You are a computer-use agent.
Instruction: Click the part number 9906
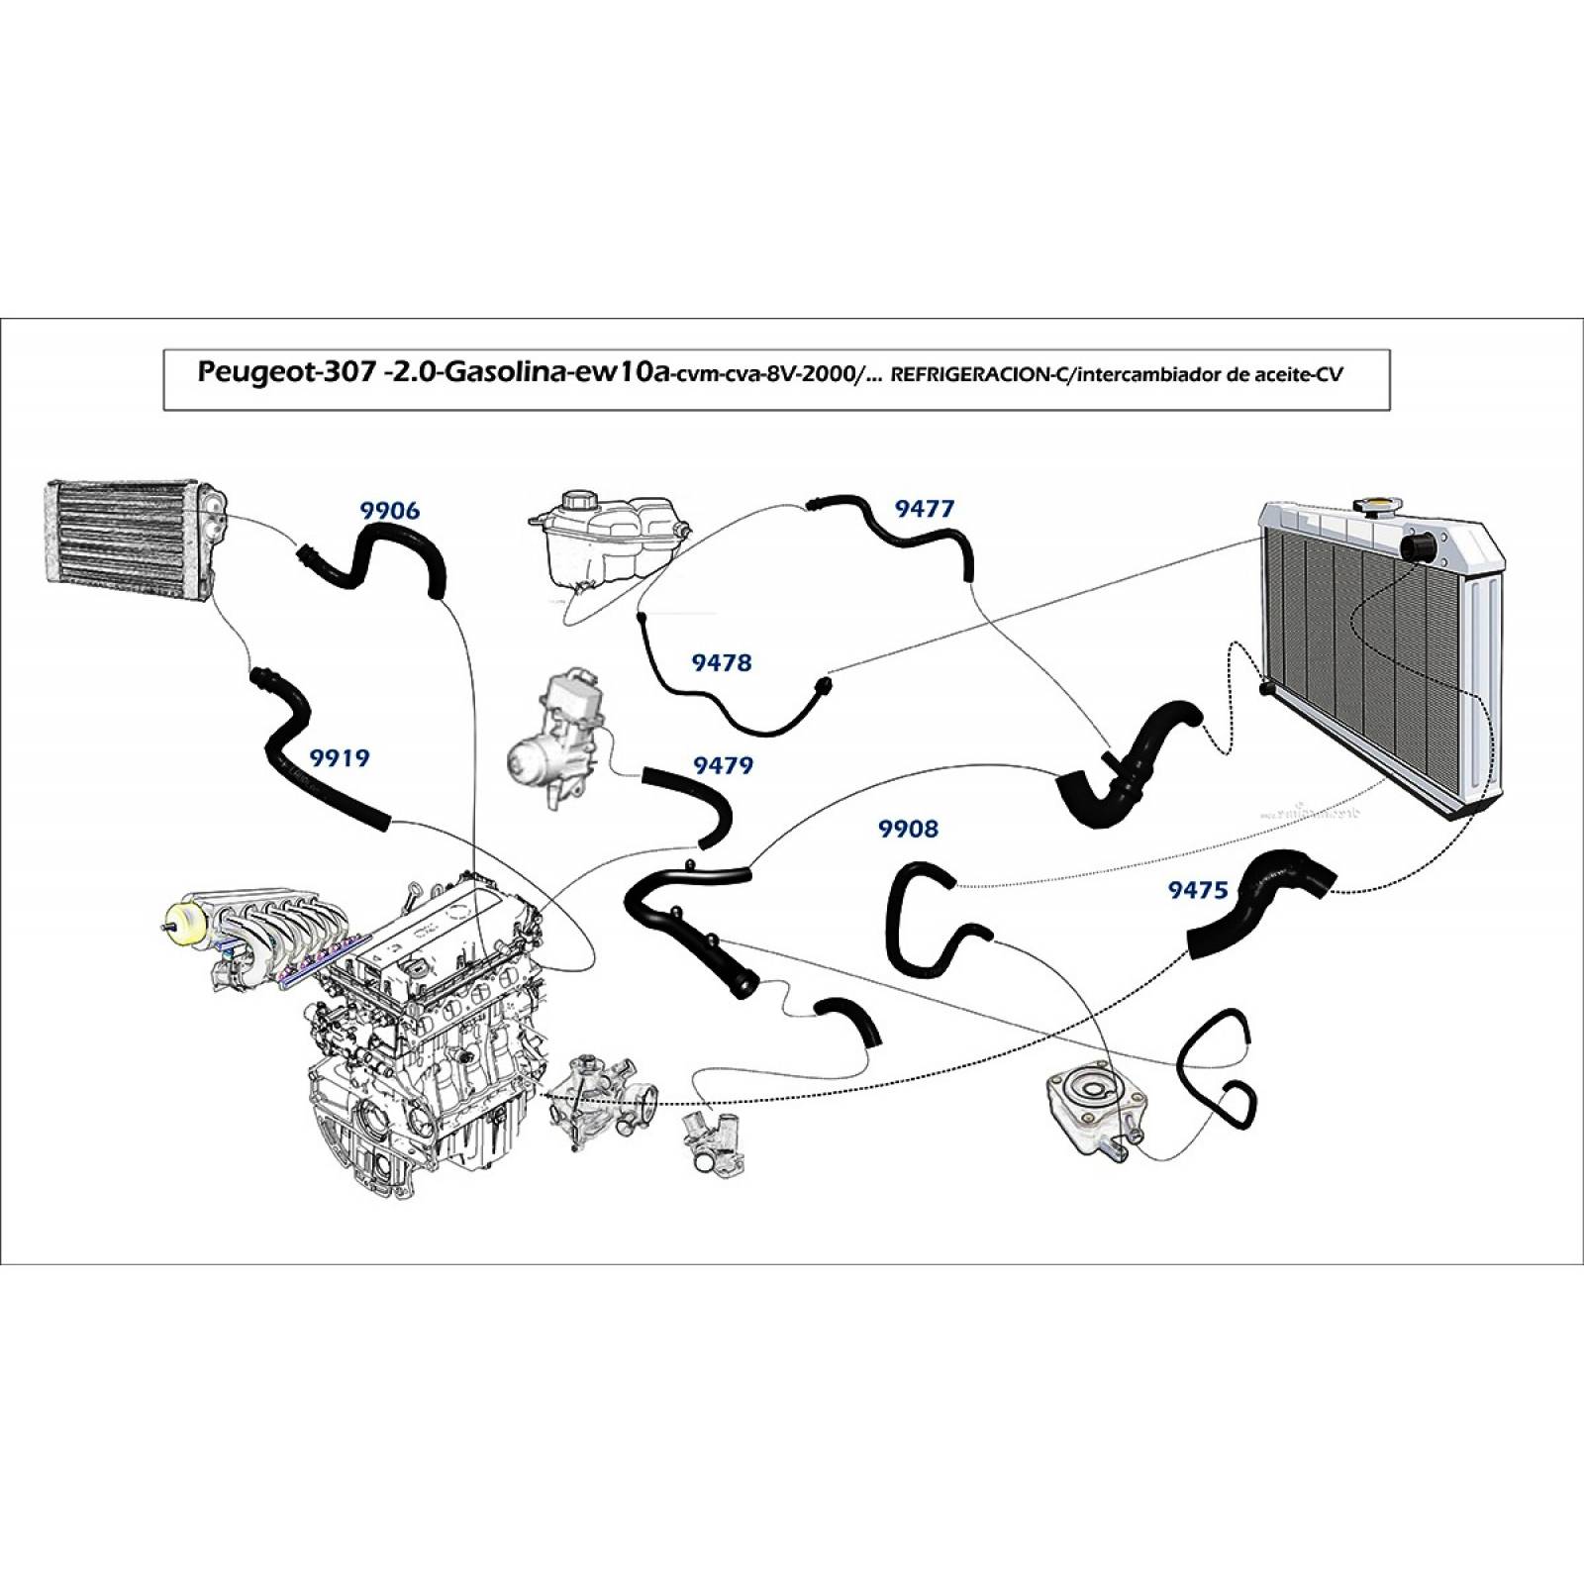(389, 511)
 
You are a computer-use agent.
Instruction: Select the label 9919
(340, 758)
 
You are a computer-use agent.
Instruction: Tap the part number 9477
(925, 509)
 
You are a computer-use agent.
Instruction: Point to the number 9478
(722, 662)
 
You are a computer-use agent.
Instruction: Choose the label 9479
(723, 765)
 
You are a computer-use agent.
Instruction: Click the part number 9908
(908, 829)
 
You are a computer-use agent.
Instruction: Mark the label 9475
(1198, 890)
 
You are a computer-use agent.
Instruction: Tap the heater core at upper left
(134, 541)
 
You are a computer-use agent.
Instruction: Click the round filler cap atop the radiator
(1376, 508)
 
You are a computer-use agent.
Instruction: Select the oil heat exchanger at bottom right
(1096, 1114)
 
